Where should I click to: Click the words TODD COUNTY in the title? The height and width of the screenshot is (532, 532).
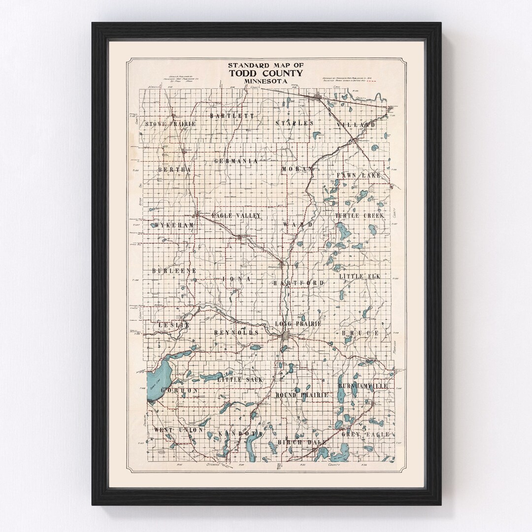point(266,73)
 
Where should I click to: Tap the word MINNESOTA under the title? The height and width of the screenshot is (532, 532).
point(266,81)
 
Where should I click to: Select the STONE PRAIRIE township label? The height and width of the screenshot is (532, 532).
point(171,124)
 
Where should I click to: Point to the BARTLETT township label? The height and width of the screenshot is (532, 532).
point(232,116)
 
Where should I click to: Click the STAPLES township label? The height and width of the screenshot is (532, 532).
point(294,123)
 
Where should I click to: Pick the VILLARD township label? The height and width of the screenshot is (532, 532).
point(356,125)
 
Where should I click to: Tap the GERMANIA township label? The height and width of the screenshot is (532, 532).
point(236,161)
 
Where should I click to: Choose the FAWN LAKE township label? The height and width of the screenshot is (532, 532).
point(359,175)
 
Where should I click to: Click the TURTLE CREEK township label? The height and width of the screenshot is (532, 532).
point(359,216)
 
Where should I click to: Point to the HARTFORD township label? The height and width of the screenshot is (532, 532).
point(299,283)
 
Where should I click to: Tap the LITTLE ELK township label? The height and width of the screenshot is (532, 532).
point(359,277)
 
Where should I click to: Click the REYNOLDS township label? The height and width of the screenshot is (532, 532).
point(236,333)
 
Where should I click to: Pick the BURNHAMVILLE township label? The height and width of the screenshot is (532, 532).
point(363,386)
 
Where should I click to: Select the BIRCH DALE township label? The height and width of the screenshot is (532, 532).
point(302,442)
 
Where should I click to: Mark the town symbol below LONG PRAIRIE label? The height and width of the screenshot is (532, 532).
point(285,336)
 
